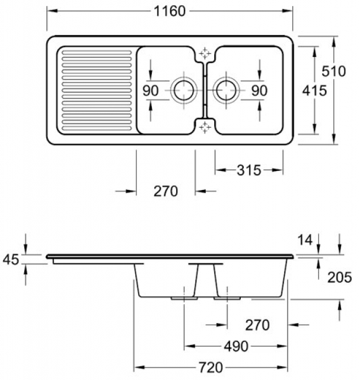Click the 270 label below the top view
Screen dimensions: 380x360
(x=165, y=192)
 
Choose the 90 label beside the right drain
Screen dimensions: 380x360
(x=259, y=91)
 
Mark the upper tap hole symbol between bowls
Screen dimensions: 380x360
(x=205, y=53)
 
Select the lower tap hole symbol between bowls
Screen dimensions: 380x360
(x=205, y=126)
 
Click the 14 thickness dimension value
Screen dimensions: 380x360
(x=305, y=240)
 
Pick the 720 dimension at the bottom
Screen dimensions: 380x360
(x=212, y=369)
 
